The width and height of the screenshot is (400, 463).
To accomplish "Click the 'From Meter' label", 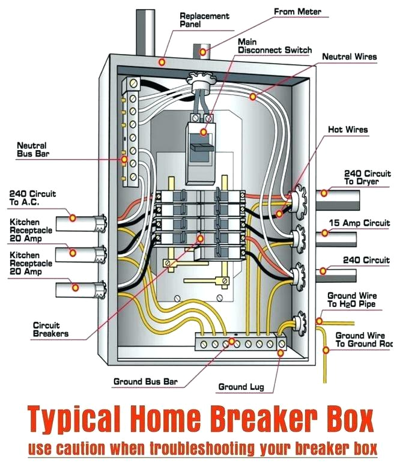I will coord(297,11).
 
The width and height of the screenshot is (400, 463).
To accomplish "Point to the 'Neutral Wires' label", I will coord(350,56).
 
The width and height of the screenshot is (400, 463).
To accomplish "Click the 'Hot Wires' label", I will coord(348,129).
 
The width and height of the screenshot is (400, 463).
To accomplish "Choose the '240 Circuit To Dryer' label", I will coord(366,177).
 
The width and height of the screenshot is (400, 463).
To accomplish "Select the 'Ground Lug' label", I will coord(240,387).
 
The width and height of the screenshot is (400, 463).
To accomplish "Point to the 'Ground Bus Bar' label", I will coord(145,381).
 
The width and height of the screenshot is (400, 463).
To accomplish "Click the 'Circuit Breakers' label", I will coord(50,329).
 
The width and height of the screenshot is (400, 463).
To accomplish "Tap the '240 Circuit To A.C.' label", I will coord(32,198).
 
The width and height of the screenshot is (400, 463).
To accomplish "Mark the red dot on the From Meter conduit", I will coord(204,52).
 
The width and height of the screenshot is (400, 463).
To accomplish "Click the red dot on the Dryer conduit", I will coord(324,193).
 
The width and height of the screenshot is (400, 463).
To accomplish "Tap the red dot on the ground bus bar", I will coord(232,342).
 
